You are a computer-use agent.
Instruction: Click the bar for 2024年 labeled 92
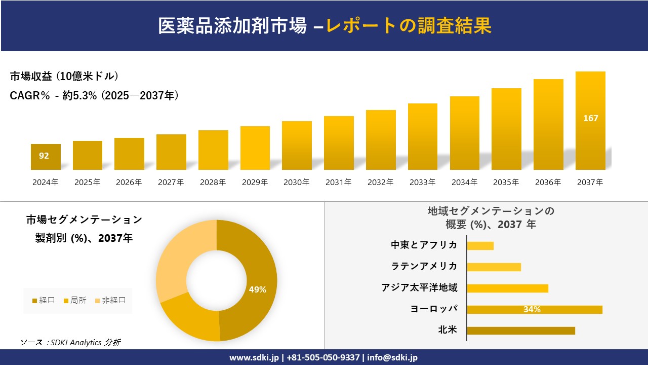point(46,157)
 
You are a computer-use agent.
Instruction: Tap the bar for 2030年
point(297,145)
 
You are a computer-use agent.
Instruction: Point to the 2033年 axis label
point(422,182)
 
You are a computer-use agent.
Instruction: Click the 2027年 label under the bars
point(171,182)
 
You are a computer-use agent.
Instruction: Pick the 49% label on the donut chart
point(257,290)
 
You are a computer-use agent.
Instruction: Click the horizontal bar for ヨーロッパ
point(534,309)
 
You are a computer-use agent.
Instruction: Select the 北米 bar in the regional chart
point(520,331)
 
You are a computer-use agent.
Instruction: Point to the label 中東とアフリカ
point(424,245)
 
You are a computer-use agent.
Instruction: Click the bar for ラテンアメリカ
point(494,267)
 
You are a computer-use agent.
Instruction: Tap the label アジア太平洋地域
point(419,288)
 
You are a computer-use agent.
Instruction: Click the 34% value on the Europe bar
point(532,309)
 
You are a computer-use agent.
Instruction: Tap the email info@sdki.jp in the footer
point(392,357)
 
